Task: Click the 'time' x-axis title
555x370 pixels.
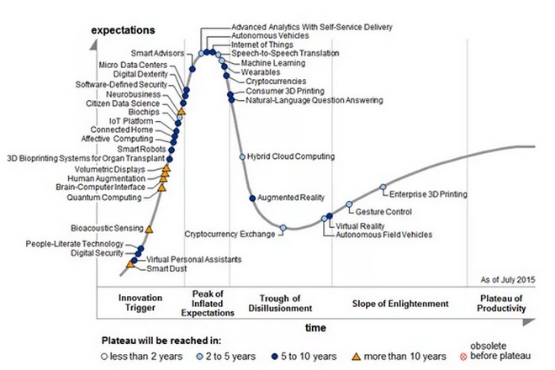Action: click(315, 325)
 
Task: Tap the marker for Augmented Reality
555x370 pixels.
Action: click(253, 198)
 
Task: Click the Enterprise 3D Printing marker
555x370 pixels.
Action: click(383, 187)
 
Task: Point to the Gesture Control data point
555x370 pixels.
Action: click(349, 204)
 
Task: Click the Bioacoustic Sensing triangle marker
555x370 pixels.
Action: click(149, 228)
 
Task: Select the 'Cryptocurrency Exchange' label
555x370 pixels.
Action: click(230, 234)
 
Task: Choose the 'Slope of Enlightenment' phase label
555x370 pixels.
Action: click(400, 304)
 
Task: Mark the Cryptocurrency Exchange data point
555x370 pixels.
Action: click(283, 228)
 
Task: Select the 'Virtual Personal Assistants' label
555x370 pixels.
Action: click(194, 260)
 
